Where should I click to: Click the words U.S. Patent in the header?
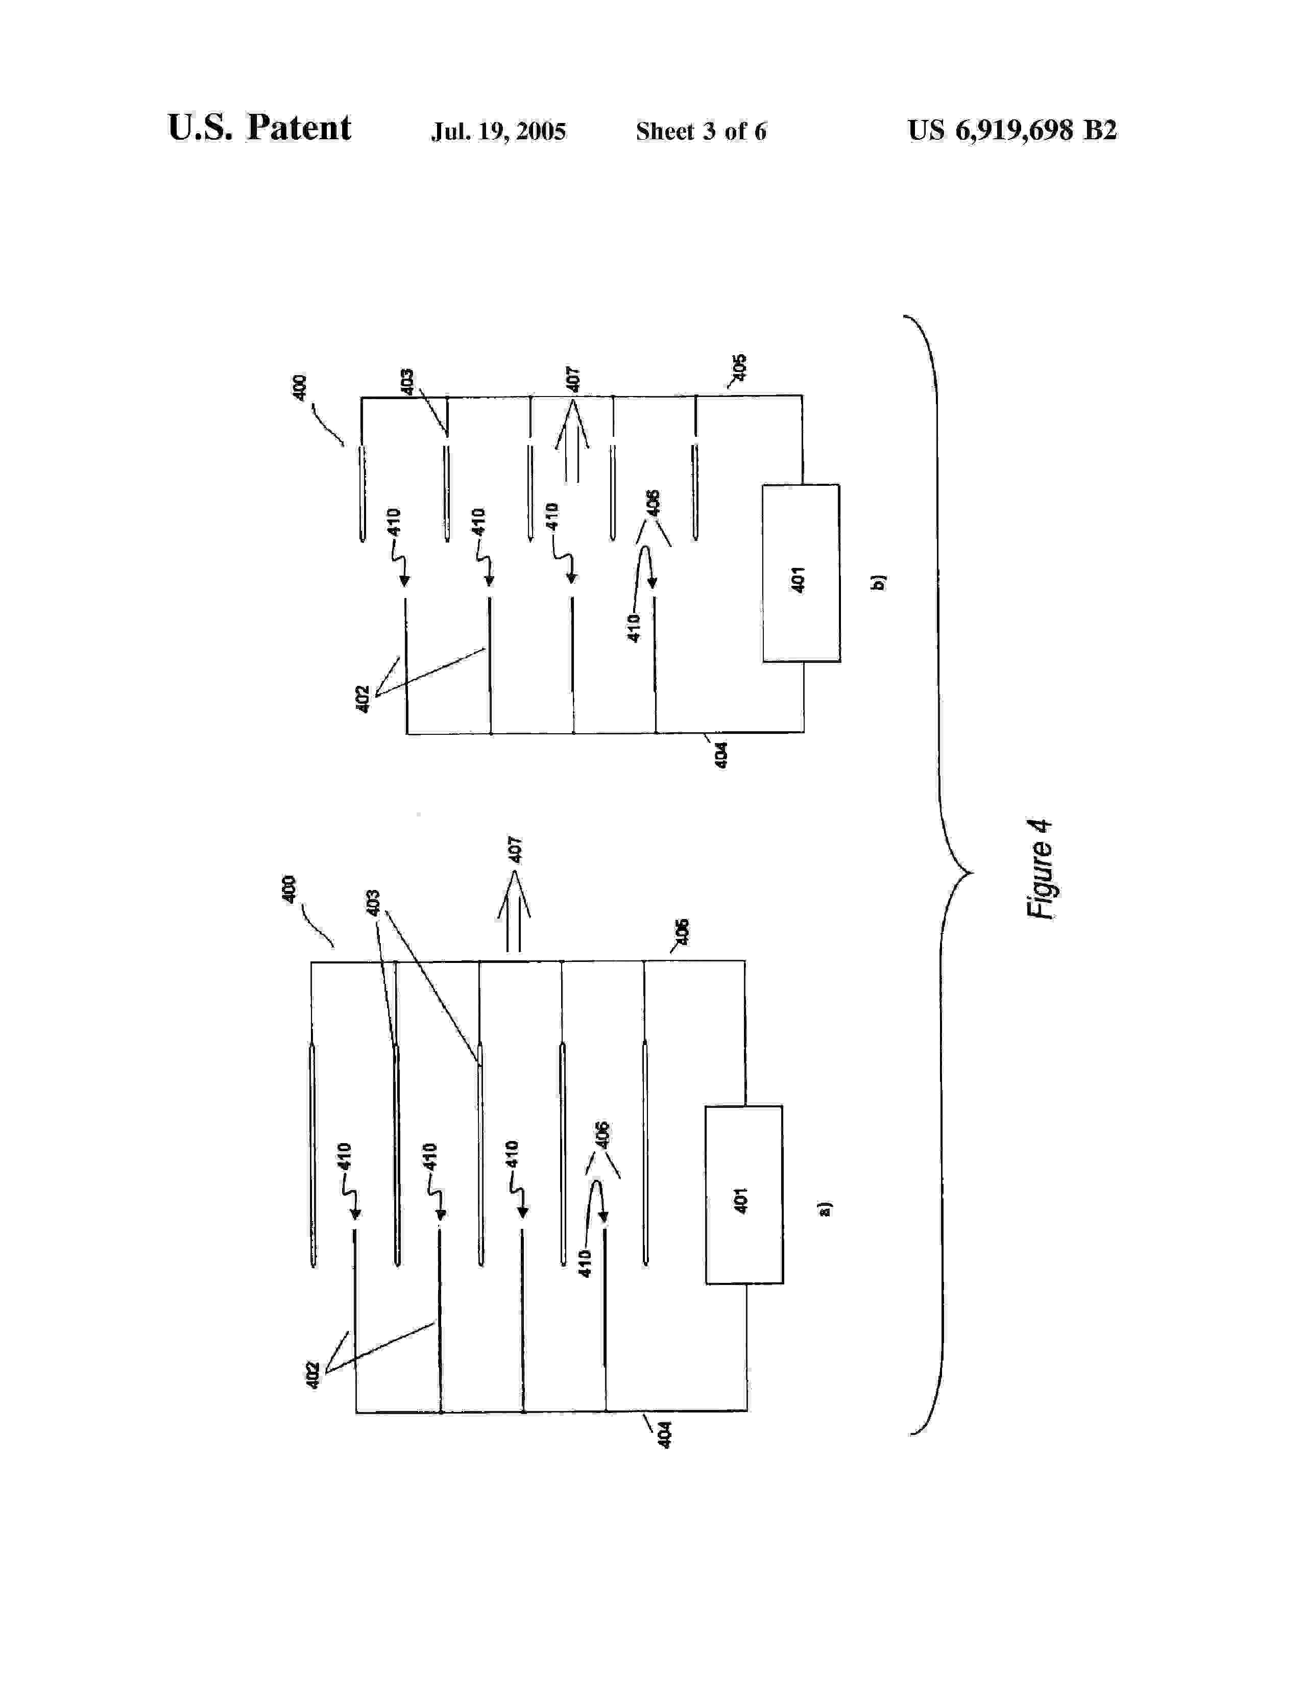coord(259,128)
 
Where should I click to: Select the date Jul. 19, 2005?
coord(498,131)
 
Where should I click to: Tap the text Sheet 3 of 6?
coord(701,131)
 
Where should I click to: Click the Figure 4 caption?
coord(1040,869)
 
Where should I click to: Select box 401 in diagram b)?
coord(801,573)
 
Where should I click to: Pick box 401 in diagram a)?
coord(743,1195)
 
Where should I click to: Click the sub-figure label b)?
coord(878,582)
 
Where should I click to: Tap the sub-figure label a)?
coord(825,1208)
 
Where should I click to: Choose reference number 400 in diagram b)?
coord(299,386)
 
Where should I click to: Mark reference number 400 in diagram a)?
coord(289,889)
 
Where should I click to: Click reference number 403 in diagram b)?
coord(407,381)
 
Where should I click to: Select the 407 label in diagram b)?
coord(573,379)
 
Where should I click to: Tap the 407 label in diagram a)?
coord(515,849)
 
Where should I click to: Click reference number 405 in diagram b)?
coord(739,366)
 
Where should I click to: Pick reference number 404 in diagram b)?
coord(720,754)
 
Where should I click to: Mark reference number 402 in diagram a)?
coord(312,1376)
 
